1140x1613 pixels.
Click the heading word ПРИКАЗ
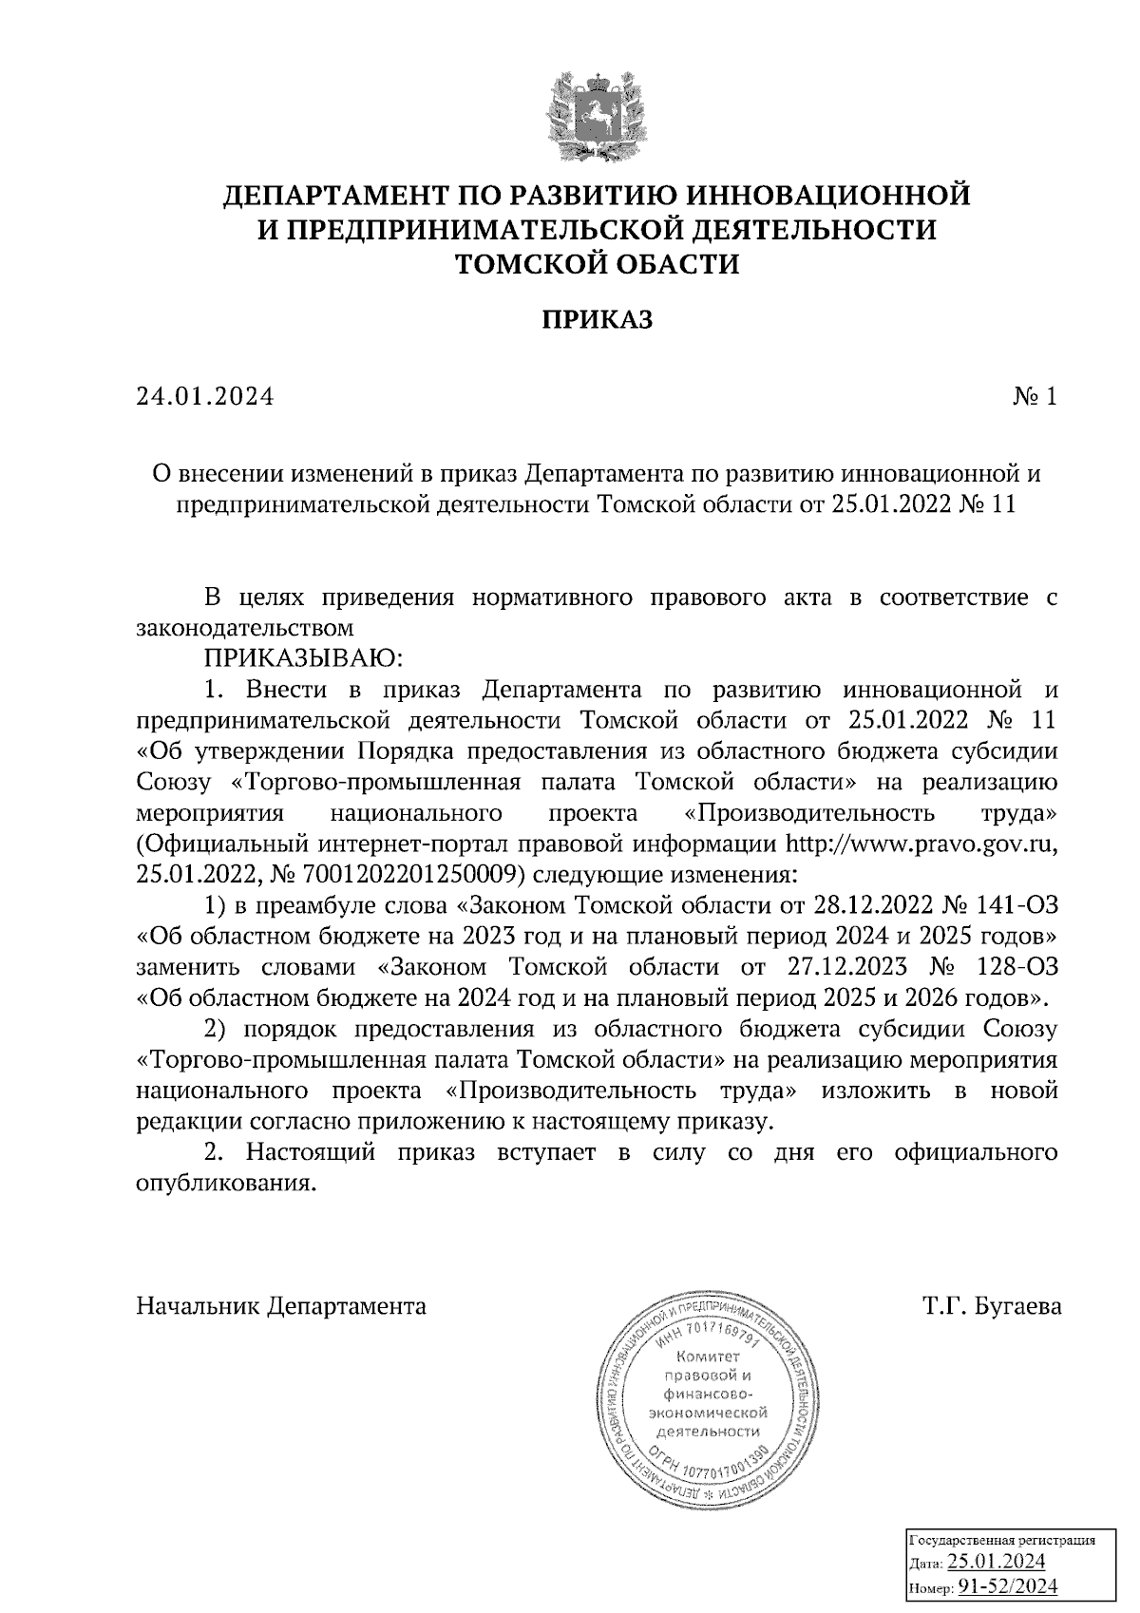(597, 320)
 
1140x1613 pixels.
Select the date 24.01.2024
(204, 397)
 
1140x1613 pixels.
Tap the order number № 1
(1035, 397)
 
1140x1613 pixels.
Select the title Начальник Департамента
(281, 1306)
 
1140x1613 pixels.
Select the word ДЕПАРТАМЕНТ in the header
(333, 197)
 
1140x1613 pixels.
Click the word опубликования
(224, 1185)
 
